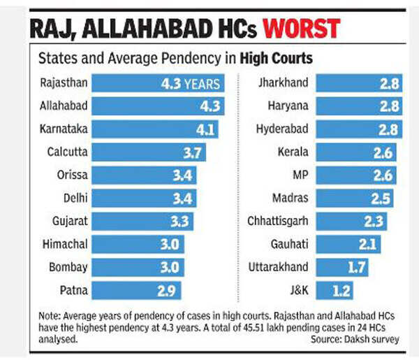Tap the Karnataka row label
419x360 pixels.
pos(64,129)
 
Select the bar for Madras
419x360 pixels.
pos(355,199)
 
